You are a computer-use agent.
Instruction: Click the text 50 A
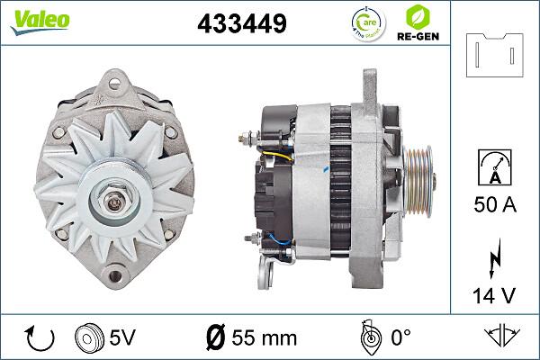495,206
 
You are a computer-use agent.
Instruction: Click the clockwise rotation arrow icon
40,337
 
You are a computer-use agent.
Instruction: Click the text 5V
123,337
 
